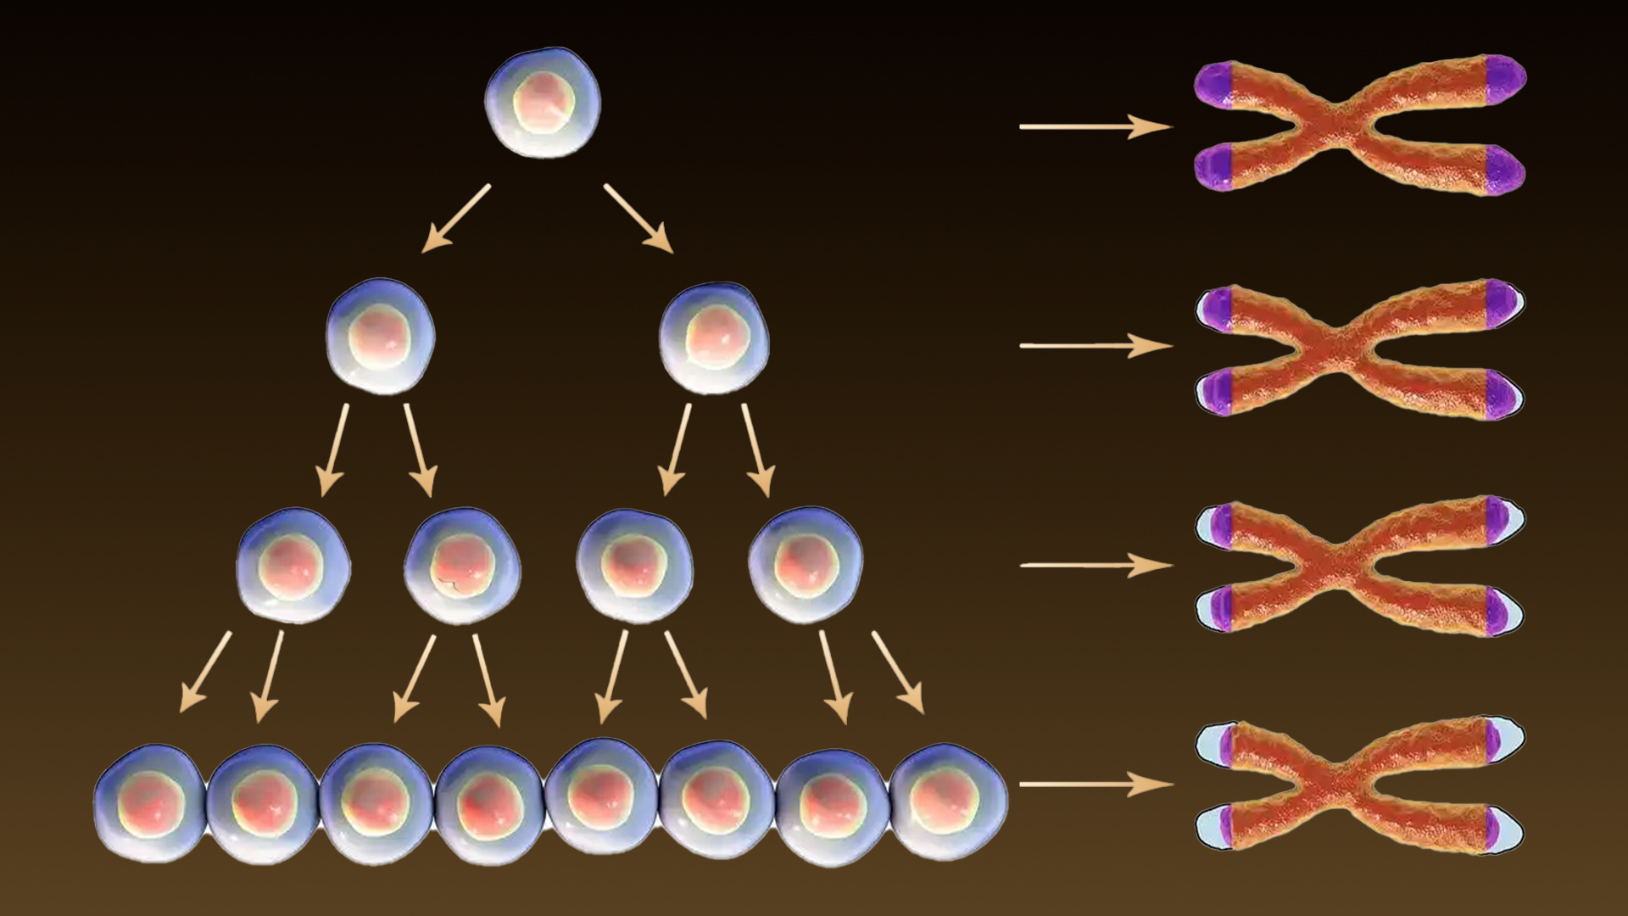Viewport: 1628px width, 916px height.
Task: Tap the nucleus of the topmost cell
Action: click(x=543, y=102)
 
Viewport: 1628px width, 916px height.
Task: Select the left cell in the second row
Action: click(x=381, y=336)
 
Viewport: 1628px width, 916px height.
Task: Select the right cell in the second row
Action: click(x=714, y=338)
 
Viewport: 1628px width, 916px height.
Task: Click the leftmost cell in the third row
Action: click(x=293, y=565)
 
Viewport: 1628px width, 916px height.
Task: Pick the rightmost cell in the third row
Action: click(x=806, y=565)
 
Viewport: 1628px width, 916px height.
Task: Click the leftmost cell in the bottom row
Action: click(x=149, y=802)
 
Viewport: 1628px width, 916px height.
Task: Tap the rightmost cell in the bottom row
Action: click(x=949, y=801)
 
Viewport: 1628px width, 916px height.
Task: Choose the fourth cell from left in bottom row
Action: click(x=489, y=804)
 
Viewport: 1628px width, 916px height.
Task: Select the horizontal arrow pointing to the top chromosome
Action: click(x=1094, y=127)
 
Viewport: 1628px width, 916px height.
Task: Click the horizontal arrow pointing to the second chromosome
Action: click(x=1094, y=345)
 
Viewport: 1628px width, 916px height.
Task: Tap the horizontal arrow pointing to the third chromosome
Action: click(x=1094, y=565)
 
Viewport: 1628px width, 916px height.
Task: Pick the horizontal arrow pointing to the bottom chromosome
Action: click(x=1094, y=785)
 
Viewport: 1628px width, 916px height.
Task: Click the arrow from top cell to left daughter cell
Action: click(x=456, y=218)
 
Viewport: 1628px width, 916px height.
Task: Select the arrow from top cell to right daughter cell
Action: click(x=638, y=218)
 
